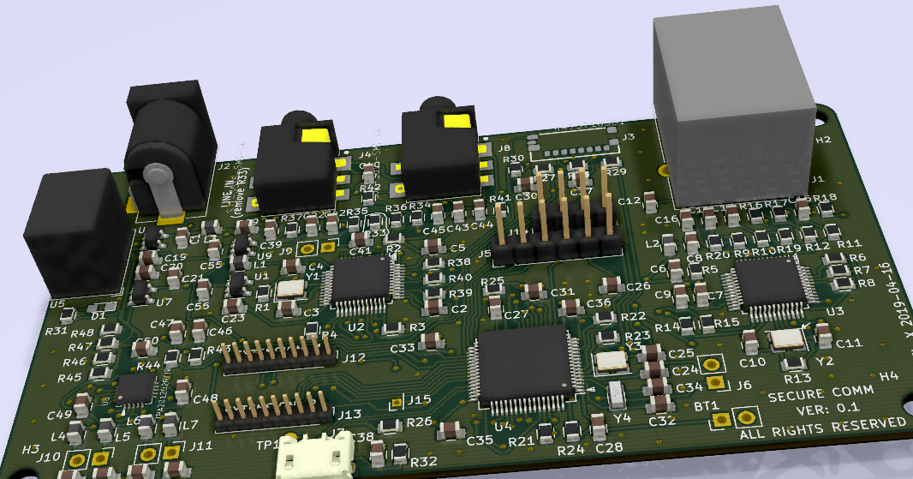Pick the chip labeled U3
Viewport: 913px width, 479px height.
[770, 284]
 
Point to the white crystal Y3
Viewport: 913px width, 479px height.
[612, 360]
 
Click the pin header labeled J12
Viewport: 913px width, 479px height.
[277, 354]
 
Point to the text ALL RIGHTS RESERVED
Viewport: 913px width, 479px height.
[822, 426]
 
